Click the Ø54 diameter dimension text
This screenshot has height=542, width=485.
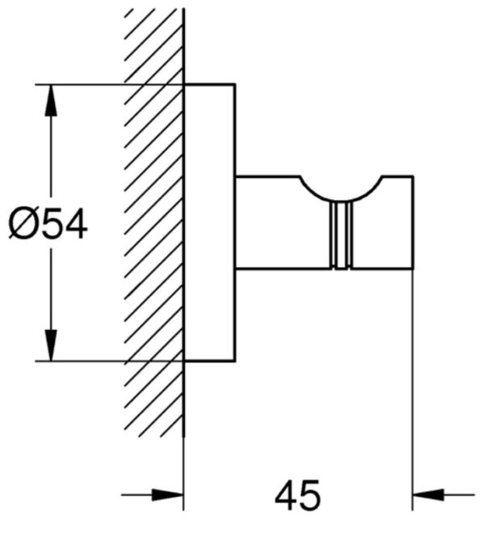tap(48, 225)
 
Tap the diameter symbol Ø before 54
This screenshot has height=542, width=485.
tap(21, 225)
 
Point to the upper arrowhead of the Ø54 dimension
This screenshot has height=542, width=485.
tap(51, 100)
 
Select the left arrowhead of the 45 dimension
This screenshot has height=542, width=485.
tap(167, 494)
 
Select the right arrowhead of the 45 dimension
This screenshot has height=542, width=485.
tap(428, 494)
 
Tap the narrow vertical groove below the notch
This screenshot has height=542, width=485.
tap(341, 235)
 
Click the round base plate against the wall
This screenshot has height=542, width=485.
tap(209, 222)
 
